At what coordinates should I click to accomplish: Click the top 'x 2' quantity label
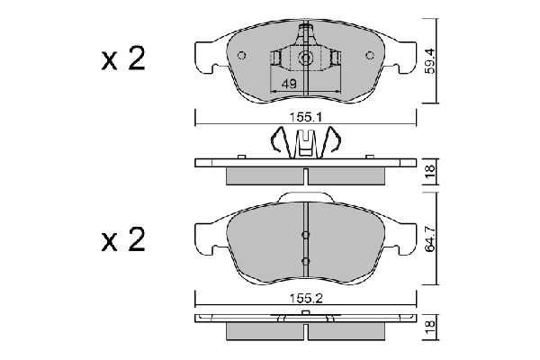point(122,60)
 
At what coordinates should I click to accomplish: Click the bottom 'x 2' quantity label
point(122,241)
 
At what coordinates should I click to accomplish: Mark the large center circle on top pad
point(306,59)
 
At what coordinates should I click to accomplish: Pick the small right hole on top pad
point(371,55)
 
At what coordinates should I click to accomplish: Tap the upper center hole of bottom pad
point(306,236)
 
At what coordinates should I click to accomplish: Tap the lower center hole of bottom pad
point(306,261)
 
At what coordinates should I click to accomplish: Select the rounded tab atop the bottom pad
point(306,197)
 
